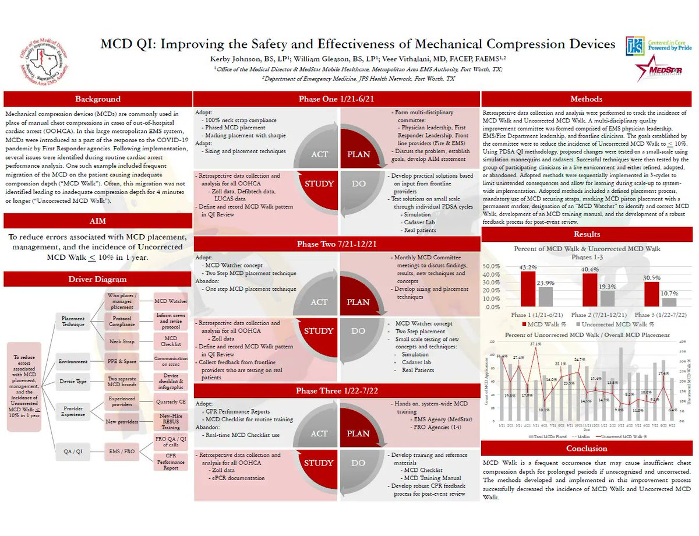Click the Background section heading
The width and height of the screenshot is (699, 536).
point(97,99)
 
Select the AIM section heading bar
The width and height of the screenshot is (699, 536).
point(97,221)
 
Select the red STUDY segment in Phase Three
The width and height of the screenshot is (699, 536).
point(319,463)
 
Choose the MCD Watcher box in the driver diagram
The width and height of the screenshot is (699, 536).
point(171,301)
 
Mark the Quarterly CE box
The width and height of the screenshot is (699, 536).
point(171,401)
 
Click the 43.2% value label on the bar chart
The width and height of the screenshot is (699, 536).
point(528,267)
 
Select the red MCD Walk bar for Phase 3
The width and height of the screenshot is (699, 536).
point(651,294)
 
